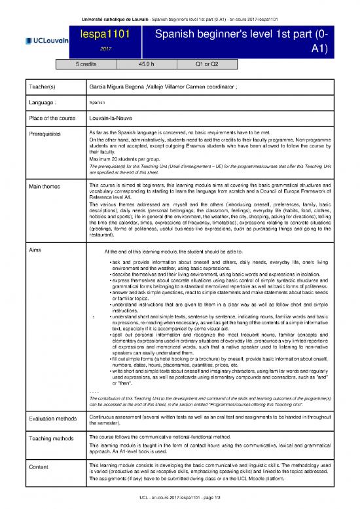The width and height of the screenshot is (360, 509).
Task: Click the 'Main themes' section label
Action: click(x=41, y=188)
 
